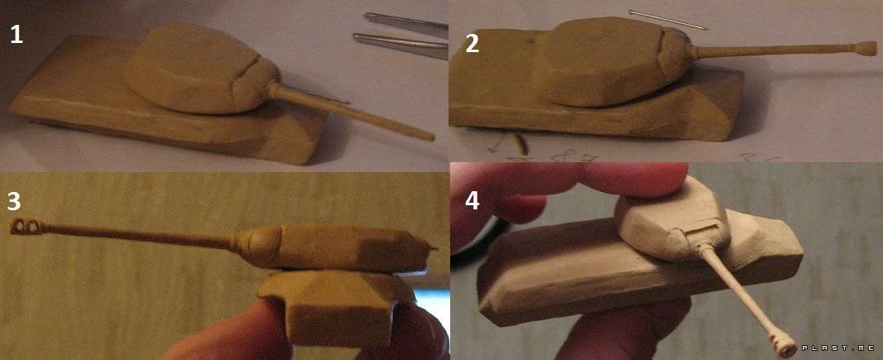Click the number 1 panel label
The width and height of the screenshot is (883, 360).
point(17,36)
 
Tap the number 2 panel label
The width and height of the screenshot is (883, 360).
point(472,44)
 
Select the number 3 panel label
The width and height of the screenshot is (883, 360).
point(14,201)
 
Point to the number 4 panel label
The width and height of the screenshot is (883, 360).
point(472,200)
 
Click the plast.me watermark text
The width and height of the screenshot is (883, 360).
point(838,348)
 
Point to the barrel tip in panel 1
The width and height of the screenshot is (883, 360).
point(430,137)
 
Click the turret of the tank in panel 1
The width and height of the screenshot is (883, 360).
point(200,68)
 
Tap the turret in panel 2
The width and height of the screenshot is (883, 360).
point(611,60)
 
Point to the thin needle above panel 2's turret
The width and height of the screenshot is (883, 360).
point(668,20)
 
